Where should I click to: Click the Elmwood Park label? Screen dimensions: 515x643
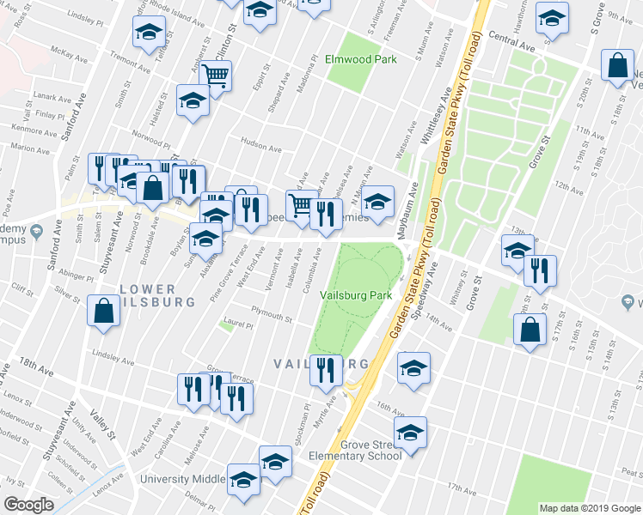tap(361, 60)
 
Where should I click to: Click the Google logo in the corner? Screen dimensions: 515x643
tap(28, 504)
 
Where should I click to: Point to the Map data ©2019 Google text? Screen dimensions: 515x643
tap(591, 508)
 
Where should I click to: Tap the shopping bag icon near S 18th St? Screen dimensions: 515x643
tap(617, 65)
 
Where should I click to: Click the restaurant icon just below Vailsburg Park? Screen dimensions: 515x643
tap(325, 369)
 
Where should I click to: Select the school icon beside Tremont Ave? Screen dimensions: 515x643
tap(150, 33)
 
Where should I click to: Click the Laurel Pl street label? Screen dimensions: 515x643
tap(237, 326)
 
